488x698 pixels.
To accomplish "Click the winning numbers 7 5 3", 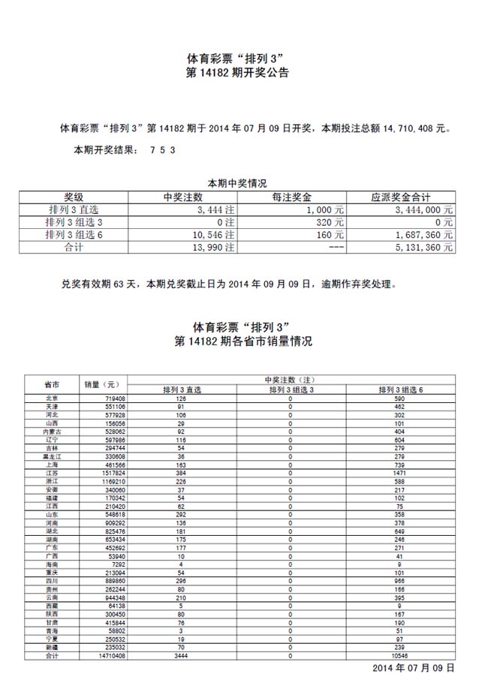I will point(163,150).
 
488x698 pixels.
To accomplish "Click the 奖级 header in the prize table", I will point(74,197).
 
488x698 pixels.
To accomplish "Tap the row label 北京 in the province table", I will point(53,399).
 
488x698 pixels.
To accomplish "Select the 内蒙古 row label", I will point(53,431).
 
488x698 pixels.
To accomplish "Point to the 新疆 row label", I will point(53,648).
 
